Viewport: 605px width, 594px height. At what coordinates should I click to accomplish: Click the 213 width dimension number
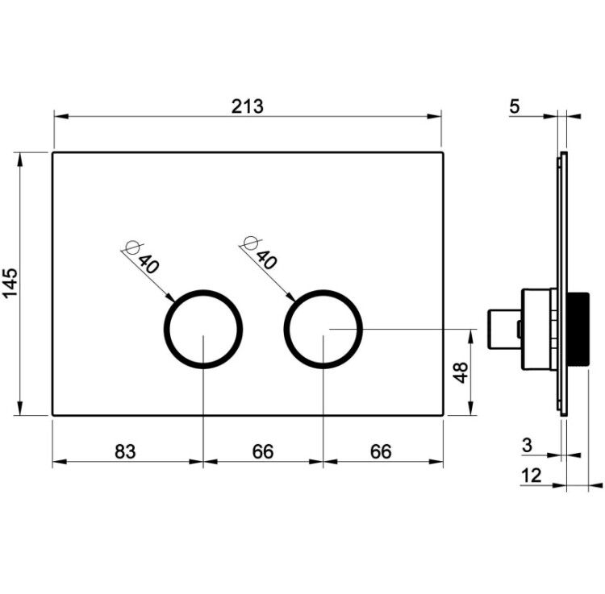click(x=248, y=106)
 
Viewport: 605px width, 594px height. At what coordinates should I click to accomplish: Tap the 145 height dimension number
click(x=10, y=284)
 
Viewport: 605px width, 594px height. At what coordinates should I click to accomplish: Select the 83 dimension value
click(x=125, y=451)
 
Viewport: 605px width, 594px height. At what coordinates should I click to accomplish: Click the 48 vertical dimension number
click(x=461, y=372)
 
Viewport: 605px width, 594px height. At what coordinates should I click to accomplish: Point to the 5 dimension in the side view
click(x=515, y=106)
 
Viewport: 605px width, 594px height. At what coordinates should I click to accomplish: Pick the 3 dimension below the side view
click(x=527, y=445)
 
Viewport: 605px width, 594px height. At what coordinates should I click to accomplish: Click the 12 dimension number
click(x=532, y=476)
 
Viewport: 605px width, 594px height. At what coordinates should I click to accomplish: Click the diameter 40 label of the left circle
click(x=143, y=257)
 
